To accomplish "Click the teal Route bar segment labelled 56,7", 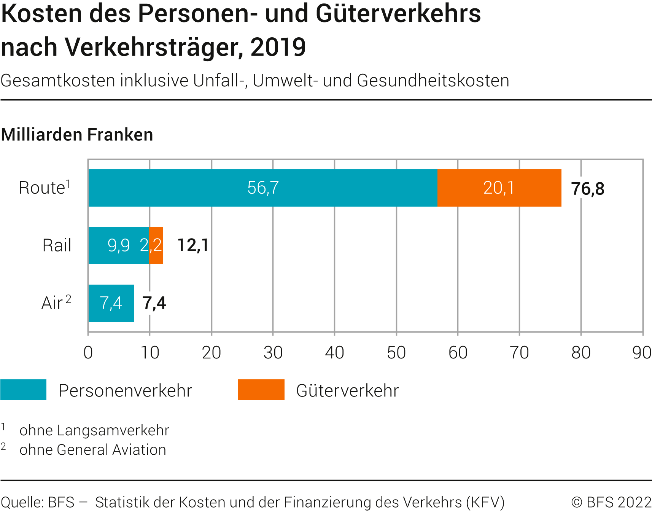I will pos(262,188).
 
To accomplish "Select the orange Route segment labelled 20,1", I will pos(499,188).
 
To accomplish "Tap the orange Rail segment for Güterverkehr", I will pos(156,245).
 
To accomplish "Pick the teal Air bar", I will pos(111,303).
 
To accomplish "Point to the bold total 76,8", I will pos(588,189).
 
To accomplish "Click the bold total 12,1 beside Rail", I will pos(193,245).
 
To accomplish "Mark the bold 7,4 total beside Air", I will pos(154,303).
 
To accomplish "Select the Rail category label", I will pos(57,245).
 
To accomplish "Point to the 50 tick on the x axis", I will pos(396,353).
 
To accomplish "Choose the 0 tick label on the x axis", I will pos(88,353).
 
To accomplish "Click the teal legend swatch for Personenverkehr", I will pos(24,390).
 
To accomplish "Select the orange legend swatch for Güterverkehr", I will pos(261,390).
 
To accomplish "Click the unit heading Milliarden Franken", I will pos(77,135).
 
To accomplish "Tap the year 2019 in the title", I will pos(278,47).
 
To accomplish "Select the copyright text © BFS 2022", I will pos(611,502).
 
